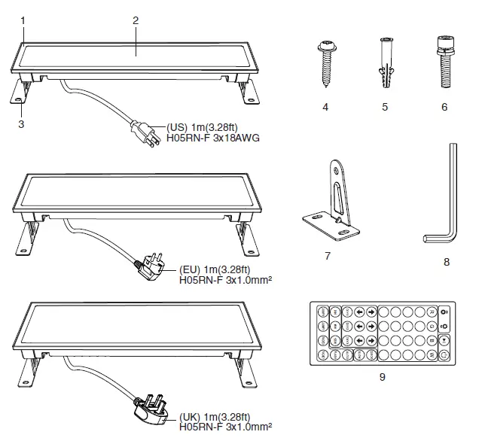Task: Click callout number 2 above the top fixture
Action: click(136, 20)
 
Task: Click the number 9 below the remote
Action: click(383, 376)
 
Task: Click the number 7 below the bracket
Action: click(328, 256)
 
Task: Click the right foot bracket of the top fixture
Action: click(247, 93)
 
